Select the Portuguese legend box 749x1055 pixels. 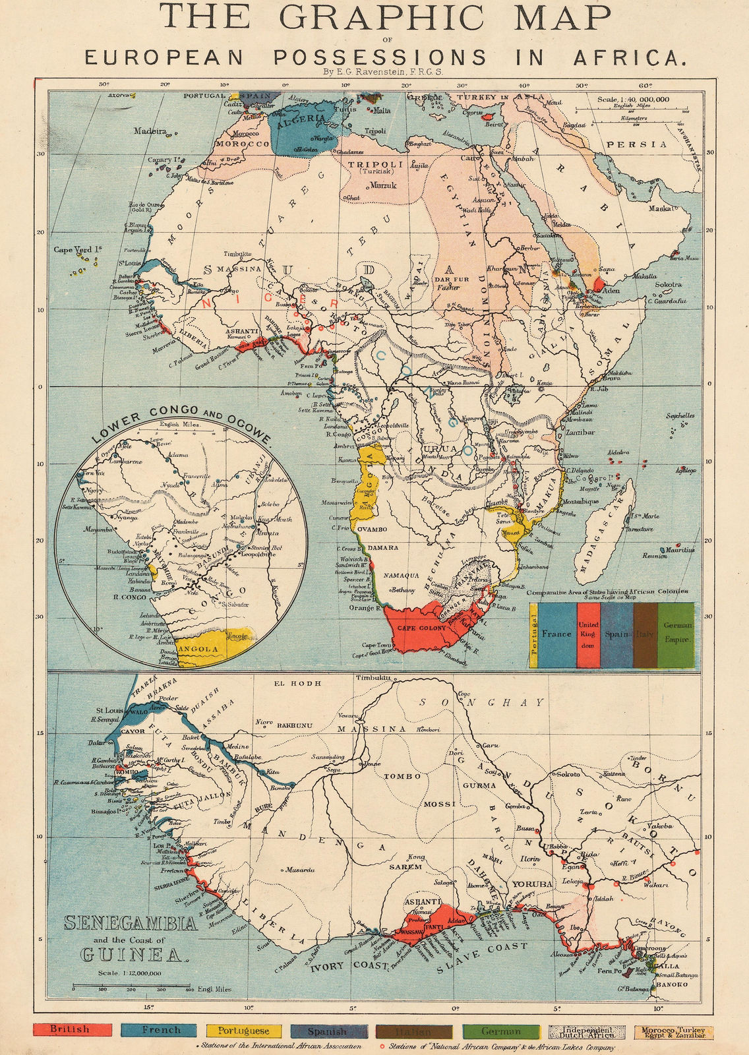point(243,1030)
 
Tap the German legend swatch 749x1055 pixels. point(500,1031)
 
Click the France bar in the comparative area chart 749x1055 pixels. point(556,634)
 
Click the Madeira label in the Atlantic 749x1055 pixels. point(151,131)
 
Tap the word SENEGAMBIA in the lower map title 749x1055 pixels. point(130,924)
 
